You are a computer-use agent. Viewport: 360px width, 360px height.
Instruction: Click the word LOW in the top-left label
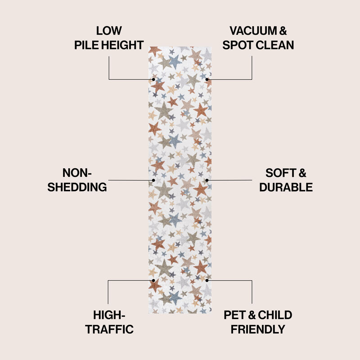(x=109, y=31)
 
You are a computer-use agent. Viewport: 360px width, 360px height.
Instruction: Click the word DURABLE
(x=286, y=187)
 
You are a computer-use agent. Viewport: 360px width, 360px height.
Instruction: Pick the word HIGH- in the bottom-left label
(x=109, y=315)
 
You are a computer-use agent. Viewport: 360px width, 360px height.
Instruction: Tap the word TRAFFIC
(x=109, y=329)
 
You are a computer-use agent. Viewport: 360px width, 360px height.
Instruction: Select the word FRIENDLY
(x=258, y=329)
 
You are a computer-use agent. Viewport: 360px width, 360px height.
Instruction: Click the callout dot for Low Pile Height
(x=153, y=79)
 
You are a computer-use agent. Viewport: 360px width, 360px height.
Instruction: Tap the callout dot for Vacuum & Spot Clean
(x=207, y=79)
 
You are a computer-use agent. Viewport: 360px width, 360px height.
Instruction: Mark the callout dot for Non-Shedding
(x=153, y=180)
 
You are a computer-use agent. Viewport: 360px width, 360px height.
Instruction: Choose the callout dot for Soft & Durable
(x=207, y=180)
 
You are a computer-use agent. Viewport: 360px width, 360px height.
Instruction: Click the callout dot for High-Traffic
(x=153, y=280)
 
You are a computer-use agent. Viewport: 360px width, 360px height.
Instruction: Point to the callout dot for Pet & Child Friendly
(x=207, y=280)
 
